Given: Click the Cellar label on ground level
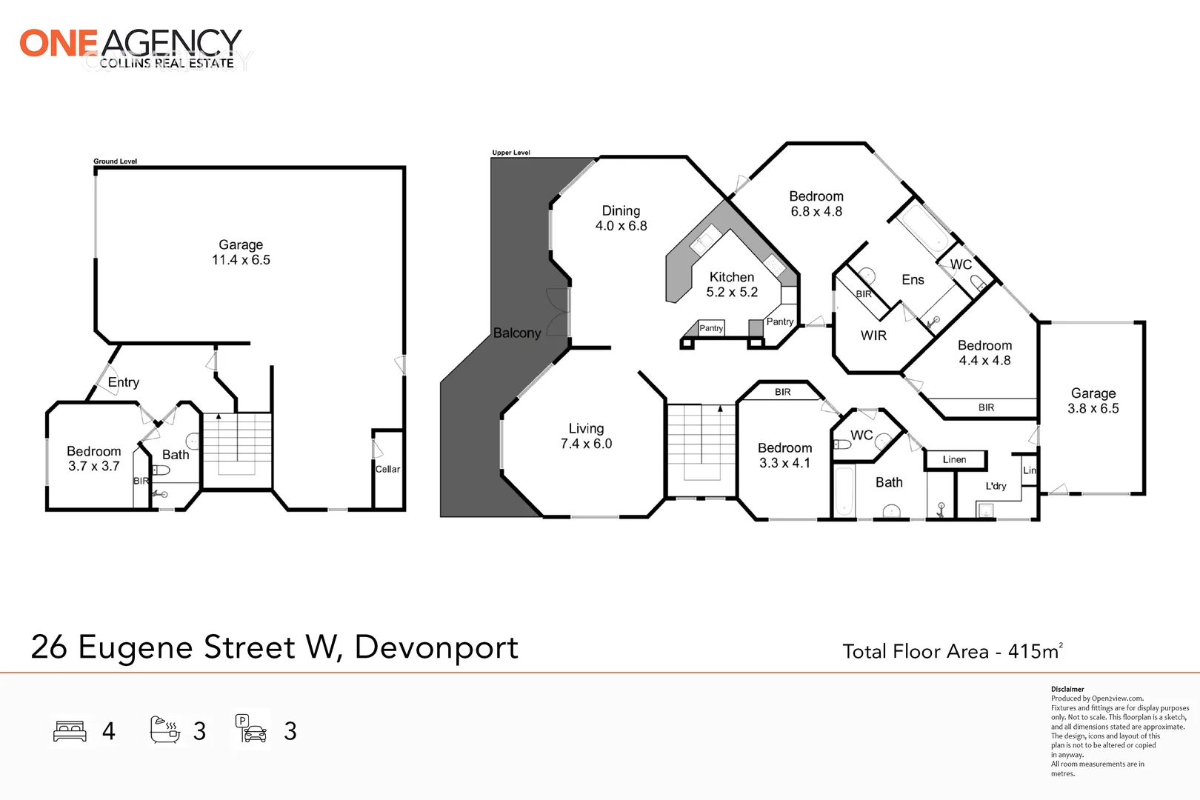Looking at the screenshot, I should pyautogui.click(x=387, y=469).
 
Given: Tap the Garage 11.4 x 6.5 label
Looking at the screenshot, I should pyautogui.click(x=241, y=253).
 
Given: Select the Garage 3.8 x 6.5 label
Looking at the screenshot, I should pyautogui.click(x=1093, y=401).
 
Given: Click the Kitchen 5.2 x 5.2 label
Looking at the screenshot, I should pyautogui.click(x=732, y=284).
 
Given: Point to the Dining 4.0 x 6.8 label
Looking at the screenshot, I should pyautogui.click(x=621, y=219).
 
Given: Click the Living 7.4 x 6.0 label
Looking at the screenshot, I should pyautogui.click(x=586, y=436).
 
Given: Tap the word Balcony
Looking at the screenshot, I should pyautogui.click(x=517, y=333).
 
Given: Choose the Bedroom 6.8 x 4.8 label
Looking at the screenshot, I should pyautogui.click(x=816, y=204).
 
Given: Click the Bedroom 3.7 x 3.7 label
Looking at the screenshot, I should pyautogui.click(x=94, y=459).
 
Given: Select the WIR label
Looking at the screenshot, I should pyautogui.click(x=873, y=336).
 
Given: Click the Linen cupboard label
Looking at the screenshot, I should pyautogui.click(x=954, y=460).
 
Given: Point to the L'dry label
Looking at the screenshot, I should pyautogui.click(x=996, y=486).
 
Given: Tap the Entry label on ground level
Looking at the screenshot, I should pyautogui.click(x=124, y=382).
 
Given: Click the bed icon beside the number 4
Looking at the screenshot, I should pyautogui.click(x=70, y=731).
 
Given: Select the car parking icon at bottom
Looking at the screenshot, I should pyautogui.click(x=252, y=730).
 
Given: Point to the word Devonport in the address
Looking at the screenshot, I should pyautogui.click(x=436, y=647).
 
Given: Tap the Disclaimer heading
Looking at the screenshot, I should pyautogui.click(x=1067, y=689).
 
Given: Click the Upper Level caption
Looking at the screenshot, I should pyautogui.click(x=511, y=153).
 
